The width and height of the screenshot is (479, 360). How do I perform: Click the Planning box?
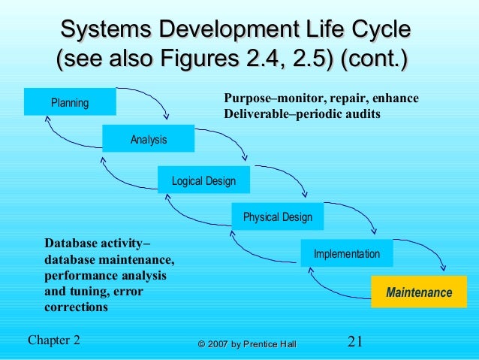click(x=70, y=102)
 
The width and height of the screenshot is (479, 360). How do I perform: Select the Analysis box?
click(x=148, y=139)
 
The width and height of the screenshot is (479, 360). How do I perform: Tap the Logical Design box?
click(x=203, y=180)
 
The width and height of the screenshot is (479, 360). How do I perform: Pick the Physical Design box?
click(x=277, y=217)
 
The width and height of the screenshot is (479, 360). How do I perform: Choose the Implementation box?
click(x=346, y=254)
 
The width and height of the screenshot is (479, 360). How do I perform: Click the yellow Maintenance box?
click(x=419, y=292)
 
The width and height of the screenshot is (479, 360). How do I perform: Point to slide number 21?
click(x=355, y=341)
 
